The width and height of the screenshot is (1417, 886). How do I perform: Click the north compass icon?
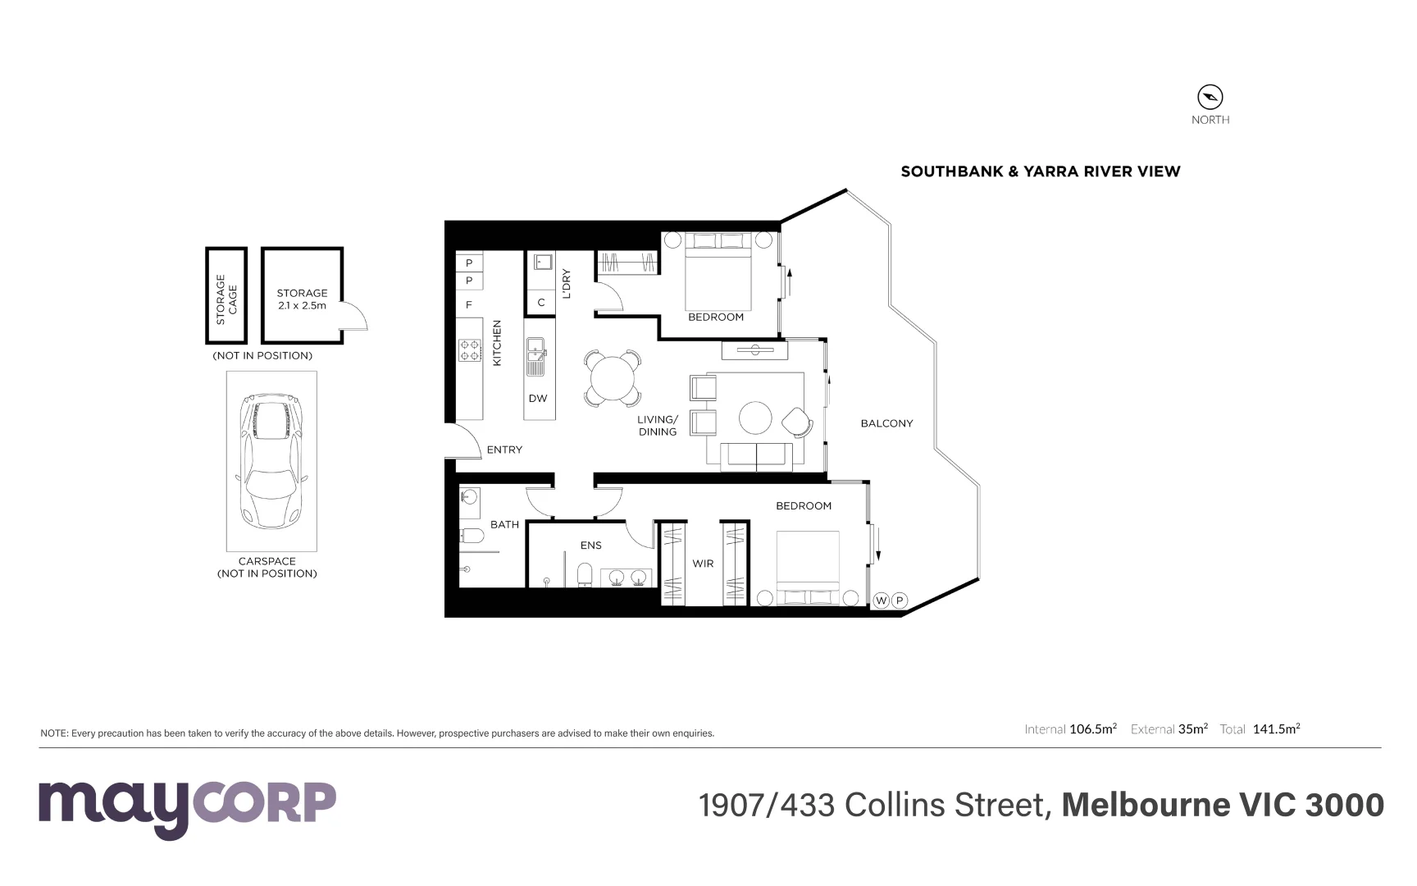click(x=1210, y=97)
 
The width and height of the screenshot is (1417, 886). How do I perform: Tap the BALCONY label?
click(x=886, y=423)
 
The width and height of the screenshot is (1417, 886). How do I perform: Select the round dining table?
click(x=613, y=378)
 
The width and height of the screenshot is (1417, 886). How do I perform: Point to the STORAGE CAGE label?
click(x=226, y=299)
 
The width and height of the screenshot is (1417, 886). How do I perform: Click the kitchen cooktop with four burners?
click(x=470, y=351)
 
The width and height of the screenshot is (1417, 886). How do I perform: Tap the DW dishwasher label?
click(x=538, y=399)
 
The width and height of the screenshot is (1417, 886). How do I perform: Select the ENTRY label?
click(x=504, y=450)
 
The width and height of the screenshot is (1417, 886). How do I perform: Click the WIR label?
click(x=703, y=564)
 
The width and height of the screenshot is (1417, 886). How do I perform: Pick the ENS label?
click(x=590, y=546)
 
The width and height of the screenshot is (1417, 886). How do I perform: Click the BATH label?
click(x=504, y=524)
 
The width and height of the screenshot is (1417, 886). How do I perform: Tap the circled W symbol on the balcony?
click(x=881, y=601)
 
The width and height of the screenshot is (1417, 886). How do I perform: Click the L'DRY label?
click(x=566, y=284)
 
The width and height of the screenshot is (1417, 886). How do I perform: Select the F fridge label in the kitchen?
click(x=469, y=305)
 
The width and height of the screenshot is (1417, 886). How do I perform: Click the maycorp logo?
click(x=187, y=807)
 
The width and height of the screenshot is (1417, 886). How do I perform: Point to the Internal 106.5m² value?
click(x=1092, y=728)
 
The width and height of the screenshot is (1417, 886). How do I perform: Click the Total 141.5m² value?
click(x=1276, y=728)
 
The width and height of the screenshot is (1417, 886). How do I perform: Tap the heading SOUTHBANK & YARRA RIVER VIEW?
click(x=1041, y=171)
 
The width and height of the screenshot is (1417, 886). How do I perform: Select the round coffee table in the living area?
click(x=755, y=418)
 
